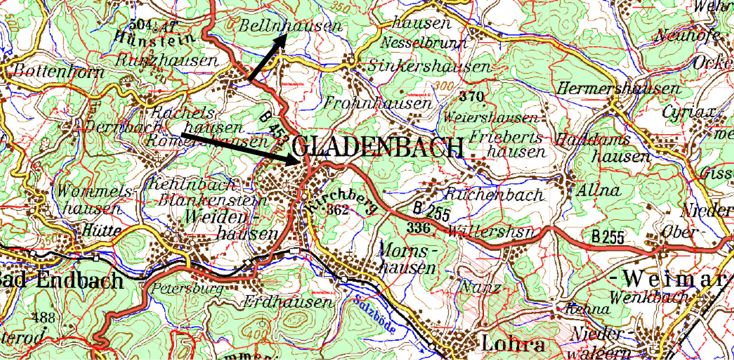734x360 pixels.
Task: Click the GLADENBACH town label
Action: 378,147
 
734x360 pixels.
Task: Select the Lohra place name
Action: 512,343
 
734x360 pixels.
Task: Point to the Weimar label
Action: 673,279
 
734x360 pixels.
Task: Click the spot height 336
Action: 419,227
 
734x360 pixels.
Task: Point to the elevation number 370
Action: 472,96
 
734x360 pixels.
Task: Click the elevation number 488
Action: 44,317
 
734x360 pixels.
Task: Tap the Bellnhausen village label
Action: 290,26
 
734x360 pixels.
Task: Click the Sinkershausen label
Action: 429,66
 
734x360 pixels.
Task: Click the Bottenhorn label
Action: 59,72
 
